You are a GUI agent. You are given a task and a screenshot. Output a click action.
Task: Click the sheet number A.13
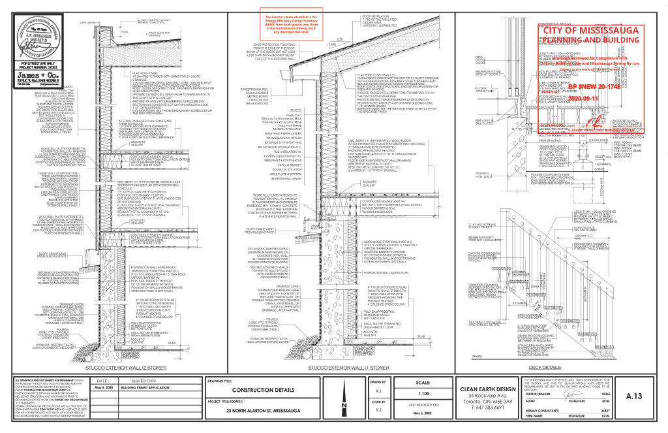coord(631,396)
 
